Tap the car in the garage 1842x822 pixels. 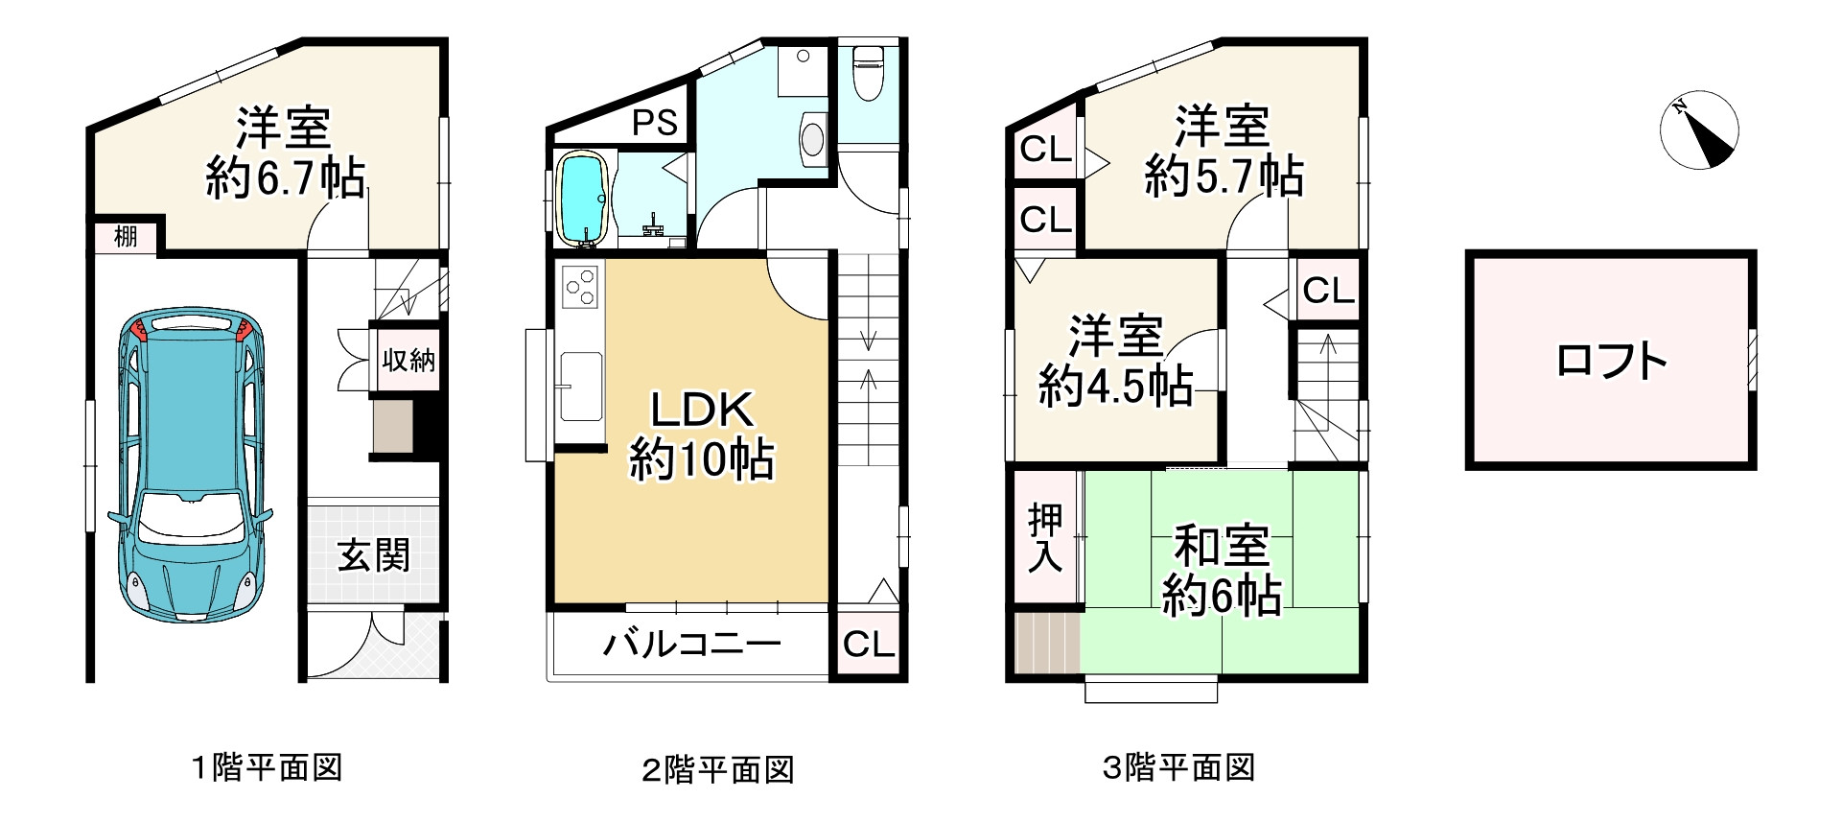click(x=192, y=465)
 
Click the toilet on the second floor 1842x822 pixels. click(x=869, y=73)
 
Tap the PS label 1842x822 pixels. click(x=655, y=123)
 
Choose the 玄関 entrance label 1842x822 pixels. click(x=374, y=554)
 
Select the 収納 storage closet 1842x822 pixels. click(x=408, y=361)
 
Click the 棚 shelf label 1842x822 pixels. click(x=126, y=236)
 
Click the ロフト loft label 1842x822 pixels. click(x=1611, y=361)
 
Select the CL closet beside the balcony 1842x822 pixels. click(x=869, y=644)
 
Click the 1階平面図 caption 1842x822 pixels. click(x=268, y=767)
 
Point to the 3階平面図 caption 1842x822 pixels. click(x=1178, y=767)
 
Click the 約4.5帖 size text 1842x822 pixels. click(x=1116, y=386)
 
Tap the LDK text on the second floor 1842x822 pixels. click(x=703, y=410)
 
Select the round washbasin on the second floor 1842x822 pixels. click(x=811, y=136)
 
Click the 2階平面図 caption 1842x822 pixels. click(x=718, y=769)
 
